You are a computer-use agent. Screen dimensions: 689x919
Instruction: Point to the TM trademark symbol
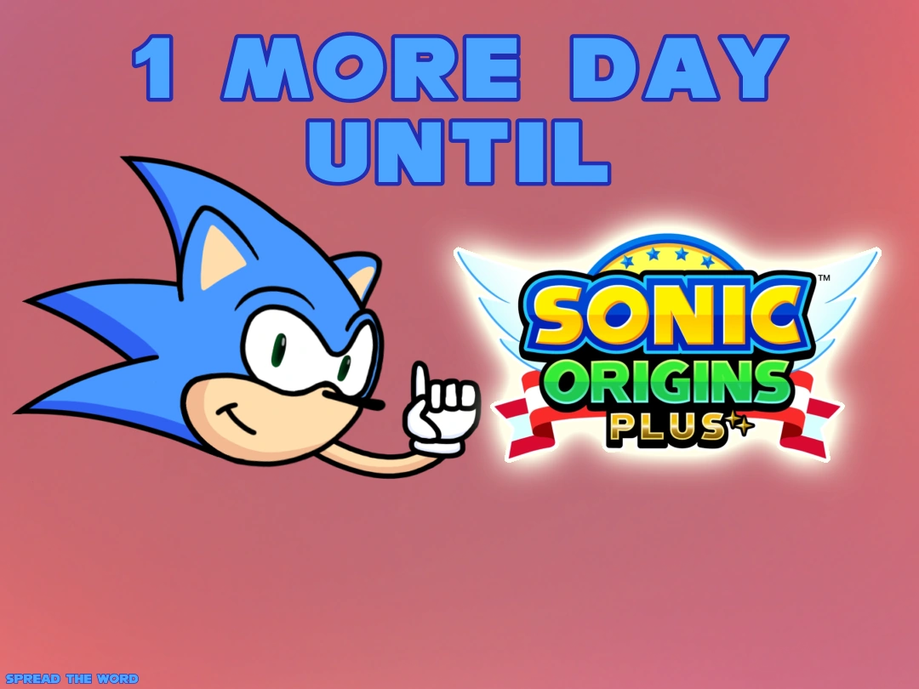(824, 279)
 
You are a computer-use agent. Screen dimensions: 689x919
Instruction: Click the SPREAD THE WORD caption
(71, 679)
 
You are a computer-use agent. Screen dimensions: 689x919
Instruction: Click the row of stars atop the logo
(667, 254)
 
